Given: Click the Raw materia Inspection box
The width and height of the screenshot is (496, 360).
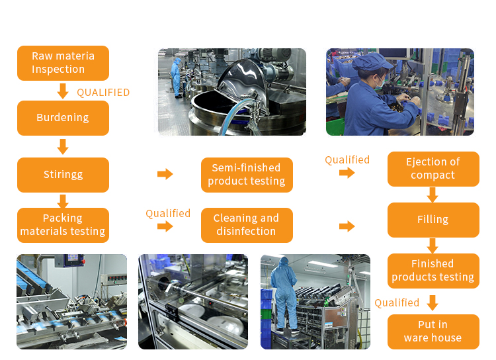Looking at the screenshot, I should click(63, 63).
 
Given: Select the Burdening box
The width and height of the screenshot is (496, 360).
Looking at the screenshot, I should click(63, 118).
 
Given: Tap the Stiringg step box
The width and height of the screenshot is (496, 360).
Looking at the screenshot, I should click(63, 175).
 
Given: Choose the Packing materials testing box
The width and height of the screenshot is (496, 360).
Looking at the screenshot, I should click(63, 225).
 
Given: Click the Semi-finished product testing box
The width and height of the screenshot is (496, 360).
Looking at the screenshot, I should click(247, 175).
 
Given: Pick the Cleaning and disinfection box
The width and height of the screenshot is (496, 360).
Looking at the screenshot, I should click(247, 225).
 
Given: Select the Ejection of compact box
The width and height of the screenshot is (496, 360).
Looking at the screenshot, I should click(433, 169).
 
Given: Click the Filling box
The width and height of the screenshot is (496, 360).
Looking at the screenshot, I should click(433, 220).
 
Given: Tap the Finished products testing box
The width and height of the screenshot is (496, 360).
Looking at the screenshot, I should click(433, 271).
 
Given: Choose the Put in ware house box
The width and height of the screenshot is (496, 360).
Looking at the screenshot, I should click(433, 332).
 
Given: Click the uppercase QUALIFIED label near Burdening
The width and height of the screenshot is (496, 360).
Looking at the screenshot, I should click(103, 93).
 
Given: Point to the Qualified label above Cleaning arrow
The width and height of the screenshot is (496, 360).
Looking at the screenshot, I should click(168, 213).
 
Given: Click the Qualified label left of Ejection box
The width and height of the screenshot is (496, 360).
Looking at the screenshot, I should click(347, 159).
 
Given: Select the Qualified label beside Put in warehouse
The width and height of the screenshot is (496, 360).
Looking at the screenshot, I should click(397, 302).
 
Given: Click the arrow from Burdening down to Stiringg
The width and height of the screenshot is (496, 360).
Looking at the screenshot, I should click(63, 146).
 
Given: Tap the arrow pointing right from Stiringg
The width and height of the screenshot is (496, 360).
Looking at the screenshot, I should click(165, 174).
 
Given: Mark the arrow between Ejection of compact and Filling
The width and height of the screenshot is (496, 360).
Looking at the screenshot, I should click(433, 195).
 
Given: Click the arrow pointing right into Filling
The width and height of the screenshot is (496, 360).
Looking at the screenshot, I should click(347, 226).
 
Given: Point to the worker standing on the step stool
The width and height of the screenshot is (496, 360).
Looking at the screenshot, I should click(285, 294).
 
